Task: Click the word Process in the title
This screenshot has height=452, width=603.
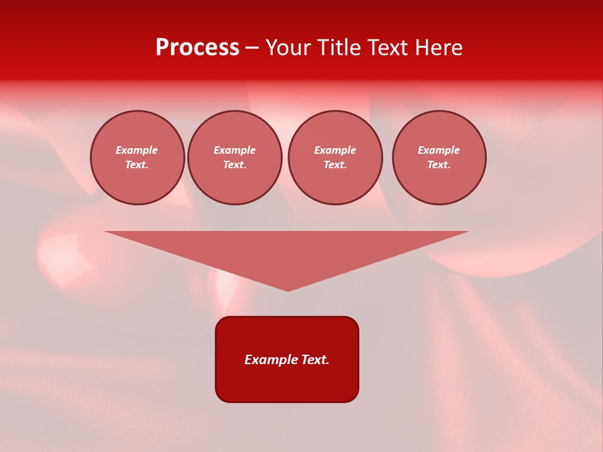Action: [x=197, y=48]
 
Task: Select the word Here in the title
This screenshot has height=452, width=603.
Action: [x=438, y=48]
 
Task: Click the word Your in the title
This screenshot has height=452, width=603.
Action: [x=289, y=48]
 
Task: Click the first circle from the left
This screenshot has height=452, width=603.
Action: [x=138, y=158]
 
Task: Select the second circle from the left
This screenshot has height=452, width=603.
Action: [x=235, y=158]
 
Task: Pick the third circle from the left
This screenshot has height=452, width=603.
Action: [x=335, y=158]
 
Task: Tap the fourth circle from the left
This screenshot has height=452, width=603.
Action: [x=439, y=158]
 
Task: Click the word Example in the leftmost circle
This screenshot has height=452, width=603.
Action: [x=137, y=150]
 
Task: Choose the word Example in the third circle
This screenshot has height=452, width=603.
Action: [x=335, y=150]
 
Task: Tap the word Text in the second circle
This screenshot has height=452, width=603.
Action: [x=234, y=165]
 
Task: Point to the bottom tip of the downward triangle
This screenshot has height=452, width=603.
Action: [x=288, y=290]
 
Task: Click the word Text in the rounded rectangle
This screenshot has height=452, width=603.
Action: [x=315, y=360]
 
